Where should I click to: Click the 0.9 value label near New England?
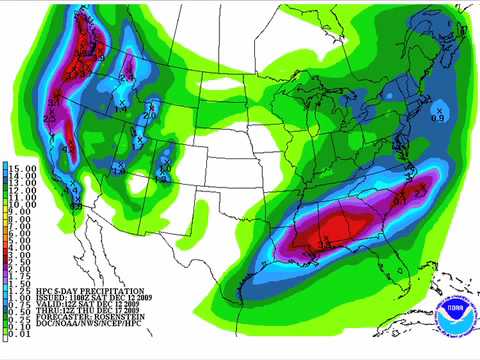(x=437, y=119)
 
